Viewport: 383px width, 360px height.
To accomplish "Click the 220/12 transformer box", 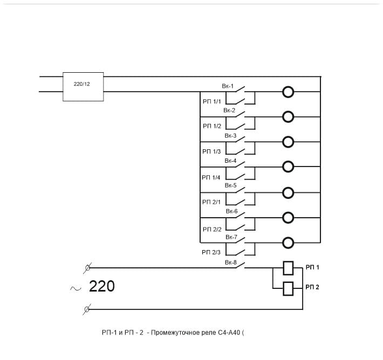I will [x=83, y=86].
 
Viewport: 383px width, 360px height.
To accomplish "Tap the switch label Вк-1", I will [x=228, y=86].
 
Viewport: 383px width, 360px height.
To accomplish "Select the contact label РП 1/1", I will [x=212, y=101].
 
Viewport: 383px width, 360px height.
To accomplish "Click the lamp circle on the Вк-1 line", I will [x=288, y=92].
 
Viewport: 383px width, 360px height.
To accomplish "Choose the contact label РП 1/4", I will [x=211, y=177].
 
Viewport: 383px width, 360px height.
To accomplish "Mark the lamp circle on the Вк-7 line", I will [x=288, y=243].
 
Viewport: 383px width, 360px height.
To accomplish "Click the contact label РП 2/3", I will [x=211, y=252].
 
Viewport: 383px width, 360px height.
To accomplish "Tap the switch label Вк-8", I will [x=231, y=262].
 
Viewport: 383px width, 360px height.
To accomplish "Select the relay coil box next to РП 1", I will [x=288, y=268].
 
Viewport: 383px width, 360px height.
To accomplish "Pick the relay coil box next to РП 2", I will [x=288, y=288].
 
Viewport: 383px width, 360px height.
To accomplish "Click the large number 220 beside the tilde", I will [x=102, y=287].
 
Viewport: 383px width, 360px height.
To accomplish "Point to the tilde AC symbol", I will [x=76, y=288].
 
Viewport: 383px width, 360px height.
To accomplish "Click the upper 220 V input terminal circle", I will [x=88, y=267].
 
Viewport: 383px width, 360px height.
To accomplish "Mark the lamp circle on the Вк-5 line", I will [x=288, y=192].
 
